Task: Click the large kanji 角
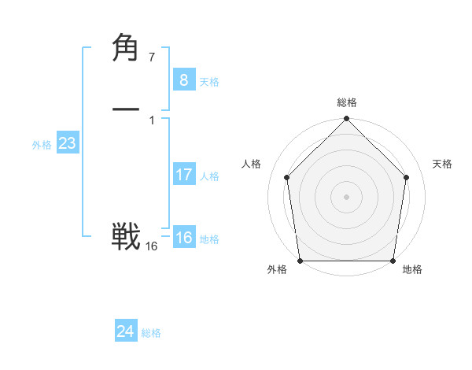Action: pos(126,49)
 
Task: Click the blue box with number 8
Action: pos(183,80)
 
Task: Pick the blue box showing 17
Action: pos(183,175)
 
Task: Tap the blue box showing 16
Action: pos(183,238)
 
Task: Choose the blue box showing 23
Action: pos(67,144)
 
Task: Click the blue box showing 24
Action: pos(126,331)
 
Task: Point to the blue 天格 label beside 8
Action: pos(209,82)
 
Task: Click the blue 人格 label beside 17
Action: pos(209,176)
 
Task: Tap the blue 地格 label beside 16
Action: pos(209,239)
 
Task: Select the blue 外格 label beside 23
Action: pos(41,145)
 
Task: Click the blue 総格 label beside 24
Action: pos(151,333)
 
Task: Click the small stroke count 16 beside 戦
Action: pos(151,246)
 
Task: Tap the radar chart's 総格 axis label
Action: pos(346,102)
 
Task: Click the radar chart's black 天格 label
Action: pos(442,164)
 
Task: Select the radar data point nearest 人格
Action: pos(287,177)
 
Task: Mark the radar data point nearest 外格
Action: pos(300,261)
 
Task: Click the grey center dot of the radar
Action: pos(346,196)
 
